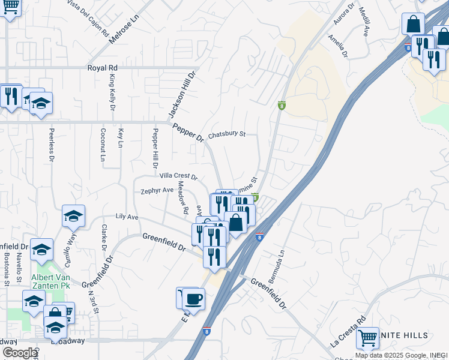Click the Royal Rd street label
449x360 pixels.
(x=102, y=68)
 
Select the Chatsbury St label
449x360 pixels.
(x=227, y=134)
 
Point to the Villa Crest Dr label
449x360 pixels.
(x=178, y=176)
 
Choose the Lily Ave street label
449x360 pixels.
(x=127, y=216)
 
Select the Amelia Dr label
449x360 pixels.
(x=338, y=46)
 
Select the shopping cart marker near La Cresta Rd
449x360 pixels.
(x=367, y=337)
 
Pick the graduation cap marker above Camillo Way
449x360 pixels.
(x=73, y=215)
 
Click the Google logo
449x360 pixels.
(x=20, y=352)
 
